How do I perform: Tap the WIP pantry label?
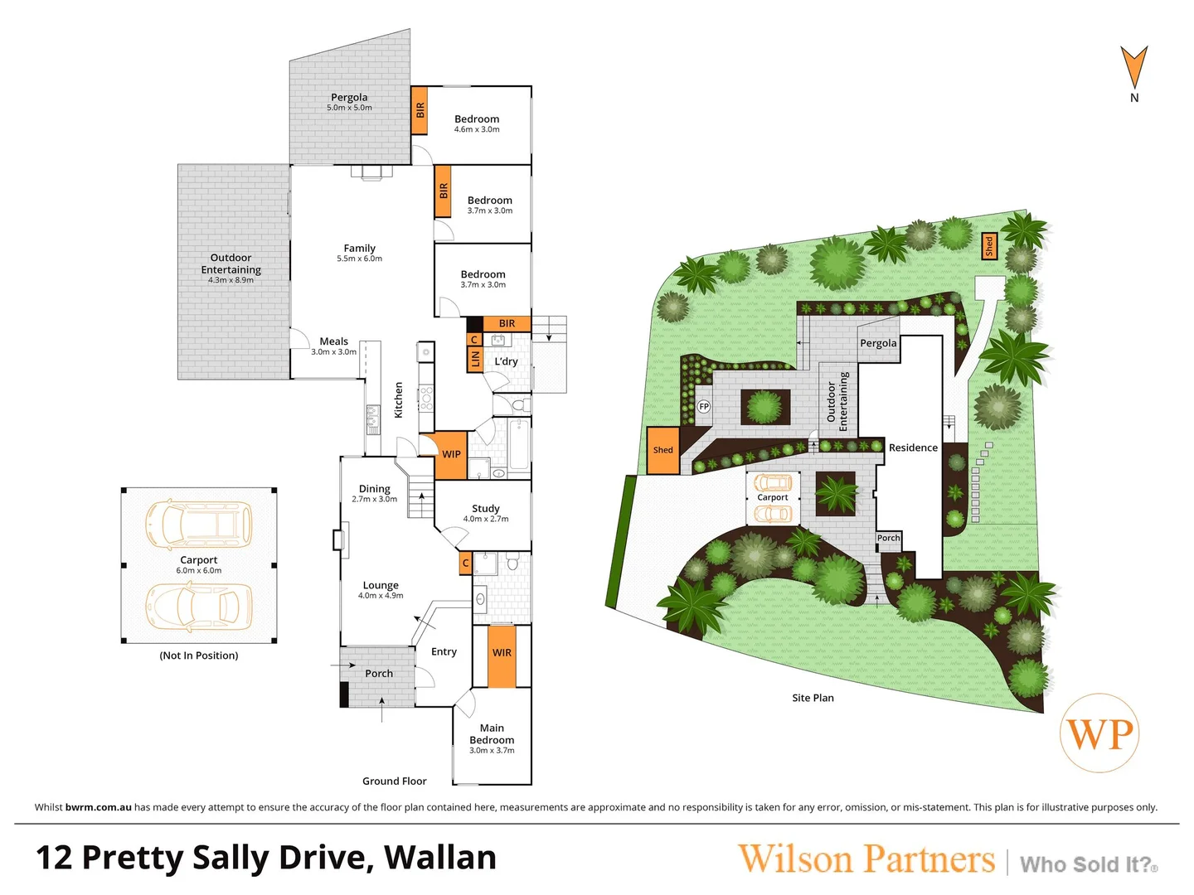pyautogui.click(x=451, y=454)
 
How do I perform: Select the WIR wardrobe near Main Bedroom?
pyautogui.click(x=502, y=653)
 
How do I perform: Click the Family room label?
pyautogui.click(x=360, y=249)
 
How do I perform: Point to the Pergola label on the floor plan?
pyautogui.click(x=349, y=98)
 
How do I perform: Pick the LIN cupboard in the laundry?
pyautogui.click(x=475, y=359)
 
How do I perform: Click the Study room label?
pyautogui.click(x=486, y=509)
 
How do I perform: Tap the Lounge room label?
pyautogui.click(x=381, y=585)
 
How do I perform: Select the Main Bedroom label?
pyautogui.click(x=492, y=734)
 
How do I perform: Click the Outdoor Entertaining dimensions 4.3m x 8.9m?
pyautogui.click(x=231, y=280)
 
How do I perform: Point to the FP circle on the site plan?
pyautogui.click(x=704, y=406)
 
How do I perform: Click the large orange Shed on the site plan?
pyautogui.click(x=663, y=450)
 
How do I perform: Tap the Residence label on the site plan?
pyautogui.click(x=913, y=447)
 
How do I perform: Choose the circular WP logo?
pyautogui.click(x=1099, y=733)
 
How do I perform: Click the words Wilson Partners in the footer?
pyautogui.click(x=866, y=859)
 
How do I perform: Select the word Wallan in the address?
pyautogui.click(x=440, y=858)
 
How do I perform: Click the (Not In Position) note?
pyautogui.click(x=199, y=656)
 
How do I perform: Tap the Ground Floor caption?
pyautogui.click(x=394, y=781)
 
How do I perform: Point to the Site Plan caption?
pyautogui.click(x=813, y=698)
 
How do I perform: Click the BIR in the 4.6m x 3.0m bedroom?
pyautogui.click(x=420, y=109)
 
